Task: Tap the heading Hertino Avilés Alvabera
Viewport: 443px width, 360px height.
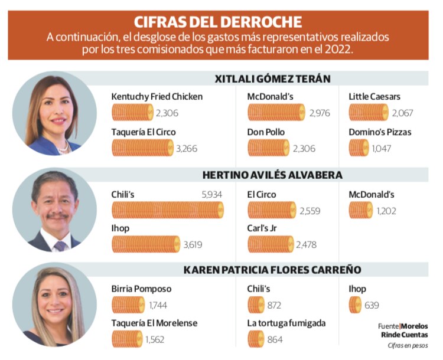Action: pos(272,175)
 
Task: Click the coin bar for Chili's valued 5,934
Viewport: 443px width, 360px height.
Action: pos(168,210)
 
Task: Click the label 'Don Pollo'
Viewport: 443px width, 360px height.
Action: pos(267,132)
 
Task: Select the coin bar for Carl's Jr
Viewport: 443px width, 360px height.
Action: pos(270,244)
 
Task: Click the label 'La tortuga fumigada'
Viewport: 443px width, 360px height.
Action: pos(286,323)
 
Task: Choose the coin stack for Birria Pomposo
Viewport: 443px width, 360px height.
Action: pos(128,305)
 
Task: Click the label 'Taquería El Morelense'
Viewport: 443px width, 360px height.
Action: pos(154,323)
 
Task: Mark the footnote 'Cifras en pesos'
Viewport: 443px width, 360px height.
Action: pos(408,345)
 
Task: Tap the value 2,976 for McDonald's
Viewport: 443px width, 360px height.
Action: pos(320,113)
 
